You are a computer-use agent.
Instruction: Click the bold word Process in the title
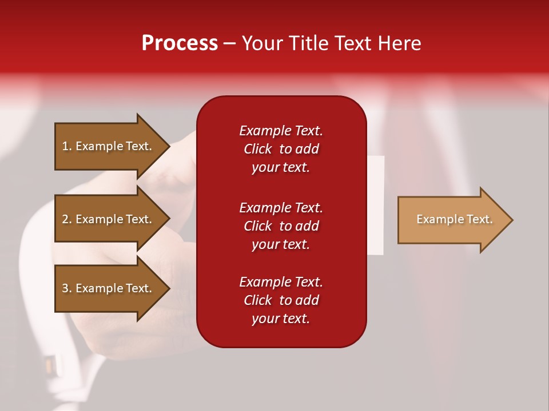pyautogui.click(x=180, y=43)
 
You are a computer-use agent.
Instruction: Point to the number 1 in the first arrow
pyautogui.click(x=65, y=146)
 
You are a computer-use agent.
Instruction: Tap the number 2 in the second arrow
pyautogui.click(x=65, y=219)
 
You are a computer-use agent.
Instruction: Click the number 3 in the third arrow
pyautogui.click(x=65, y=288)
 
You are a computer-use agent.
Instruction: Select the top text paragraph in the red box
pyautogui.click(x=281, y=149)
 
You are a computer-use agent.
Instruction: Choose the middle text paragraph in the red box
pyautogui.click(x=281, y=226)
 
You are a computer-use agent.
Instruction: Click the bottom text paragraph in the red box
pyautogui.click(x=281, y=300)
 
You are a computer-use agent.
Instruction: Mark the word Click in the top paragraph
pyautogui.click(x=258, y=149)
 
